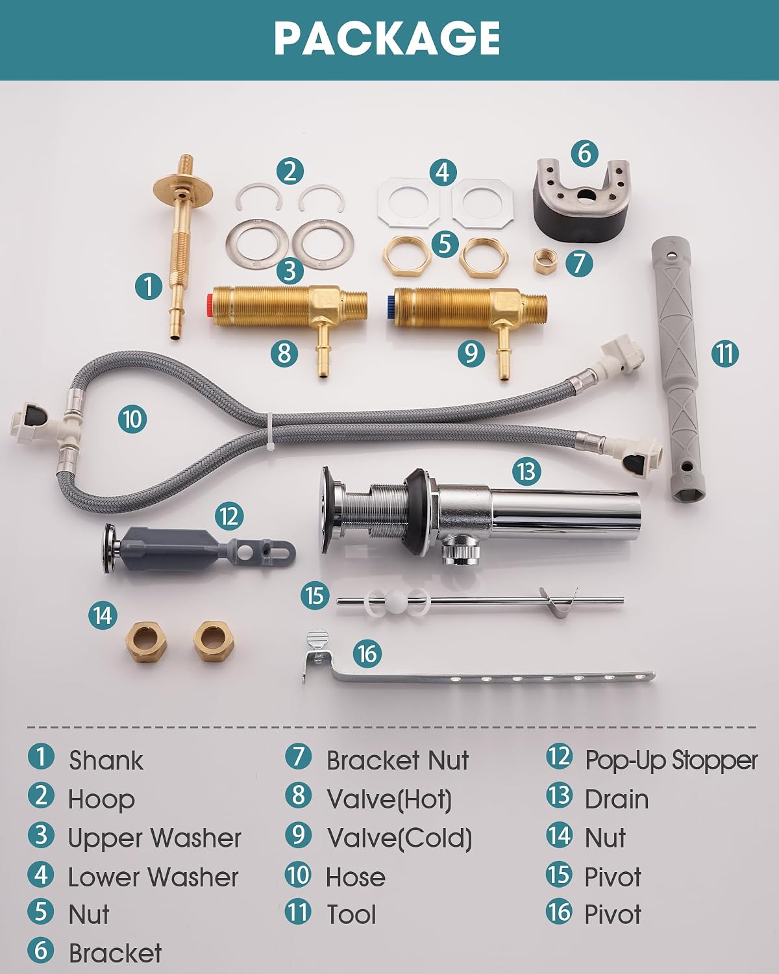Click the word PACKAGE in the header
click(x=388, y=39)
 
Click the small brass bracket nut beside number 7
click(x=544, y=261)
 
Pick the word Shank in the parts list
click(x=106, y=760)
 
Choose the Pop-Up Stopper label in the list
click(x=671, y=761)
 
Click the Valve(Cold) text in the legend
click(x=399, y=838)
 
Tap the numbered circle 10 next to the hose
click(x=132, y=419)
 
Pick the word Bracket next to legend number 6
click(x=115, y=953)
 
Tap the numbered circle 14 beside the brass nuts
click(x=103, y=616)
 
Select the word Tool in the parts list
click(x=351, y=914)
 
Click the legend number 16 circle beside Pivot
click(x=559, y=912)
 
